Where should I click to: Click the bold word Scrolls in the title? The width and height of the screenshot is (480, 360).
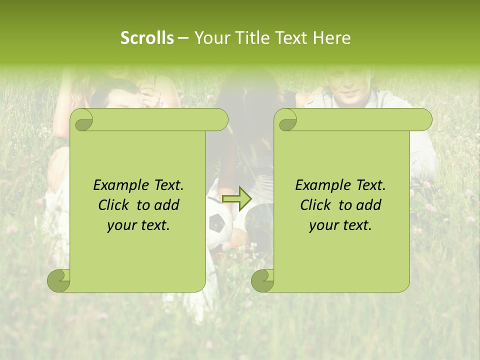click(147, 38)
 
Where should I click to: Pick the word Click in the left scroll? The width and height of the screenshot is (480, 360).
click(115, 205)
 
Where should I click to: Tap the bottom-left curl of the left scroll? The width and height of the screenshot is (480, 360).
click(59, 280)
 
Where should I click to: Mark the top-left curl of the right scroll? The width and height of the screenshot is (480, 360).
click(287, 120)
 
